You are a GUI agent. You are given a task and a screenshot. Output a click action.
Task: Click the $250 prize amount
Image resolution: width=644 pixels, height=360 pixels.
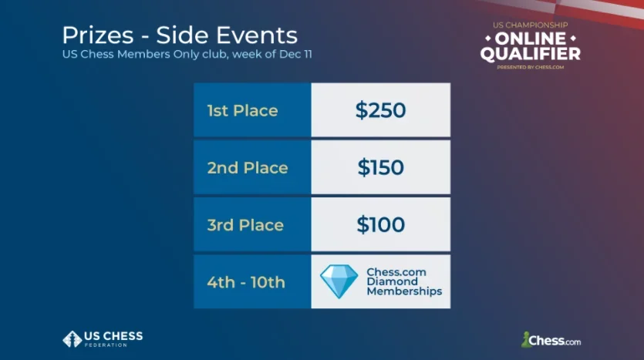coord(380,110)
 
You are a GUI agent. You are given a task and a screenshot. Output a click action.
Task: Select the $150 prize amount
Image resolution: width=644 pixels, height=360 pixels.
coord(380,167)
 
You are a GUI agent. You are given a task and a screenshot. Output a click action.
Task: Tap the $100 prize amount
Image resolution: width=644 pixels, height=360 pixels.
coord(380,225)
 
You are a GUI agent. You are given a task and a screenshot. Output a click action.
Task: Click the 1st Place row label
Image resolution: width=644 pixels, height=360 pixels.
coord(242,110)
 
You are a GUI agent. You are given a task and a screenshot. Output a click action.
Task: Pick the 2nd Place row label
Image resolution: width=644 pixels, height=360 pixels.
coord(247,167)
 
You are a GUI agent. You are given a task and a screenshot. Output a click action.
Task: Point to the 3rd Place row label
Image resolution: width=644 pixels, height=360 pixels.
coord(245,225)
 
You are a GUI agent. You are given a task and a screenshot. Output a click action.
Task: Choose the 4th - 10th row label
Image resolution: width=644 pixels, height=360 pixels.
coord(246,282)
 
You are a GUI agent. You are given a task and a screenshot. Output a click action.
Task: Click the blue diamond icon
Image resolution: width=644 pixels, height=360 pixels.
coord(339,281)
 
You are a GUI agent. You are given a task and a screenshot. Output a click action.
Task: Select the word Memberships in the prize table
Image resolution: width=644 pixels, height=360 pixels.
coord(404,292)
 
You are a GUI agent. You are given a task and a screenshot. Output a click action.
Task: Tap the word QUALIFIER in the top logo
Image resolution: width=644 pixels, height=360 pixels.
coord(530,54)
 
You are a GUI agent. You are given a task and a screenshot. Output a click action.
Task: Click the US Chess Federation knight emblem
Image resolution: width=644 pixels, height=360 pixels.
coord(72,338)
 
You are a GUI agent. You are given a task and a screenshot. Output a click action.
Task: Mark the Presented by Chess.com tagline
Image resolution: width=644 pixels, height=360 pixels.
coord(530,67)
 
